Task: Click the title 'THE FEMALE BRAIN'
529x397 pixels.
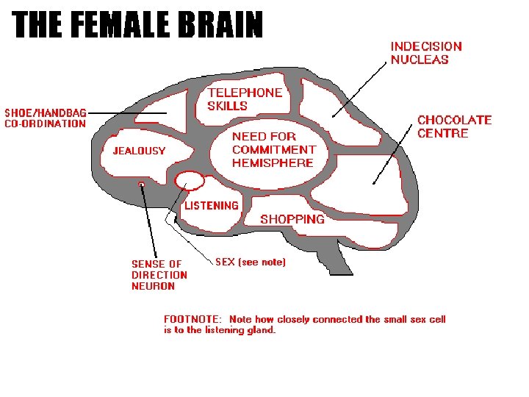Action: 138,25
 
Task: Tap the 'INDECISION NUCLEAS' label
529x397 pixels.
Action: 425,53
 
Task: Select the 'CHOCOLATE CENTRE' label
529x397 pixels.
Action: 454,126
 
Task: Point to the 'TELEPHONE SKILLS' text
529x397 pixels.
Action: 244,99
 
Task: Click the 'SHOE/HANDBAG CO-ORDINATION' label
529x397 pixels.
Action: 46,118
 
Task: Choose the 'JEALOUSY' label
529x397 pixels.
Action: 139,151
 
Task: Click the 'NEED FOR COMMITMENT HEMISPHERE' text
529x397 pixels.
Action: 273,149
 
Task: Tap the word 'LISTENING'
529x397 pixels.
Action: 211,206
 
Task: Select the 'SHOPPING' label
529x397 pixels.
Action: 292,219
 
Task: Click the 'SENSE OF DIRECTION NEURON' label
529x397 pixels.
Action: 159,275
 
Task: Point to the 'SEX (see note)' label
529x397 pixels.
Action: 251,262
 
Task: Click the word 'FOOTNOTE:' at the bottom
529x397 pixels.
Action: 192,320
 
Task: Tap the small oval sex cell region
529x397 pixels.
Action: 189,179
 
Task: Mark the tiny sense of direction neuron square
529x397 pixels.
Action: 142,182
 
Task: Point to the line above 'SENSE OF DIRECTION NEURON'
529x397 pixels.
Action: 149,221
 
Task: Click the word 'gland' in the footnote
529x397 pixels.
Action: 262,331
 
